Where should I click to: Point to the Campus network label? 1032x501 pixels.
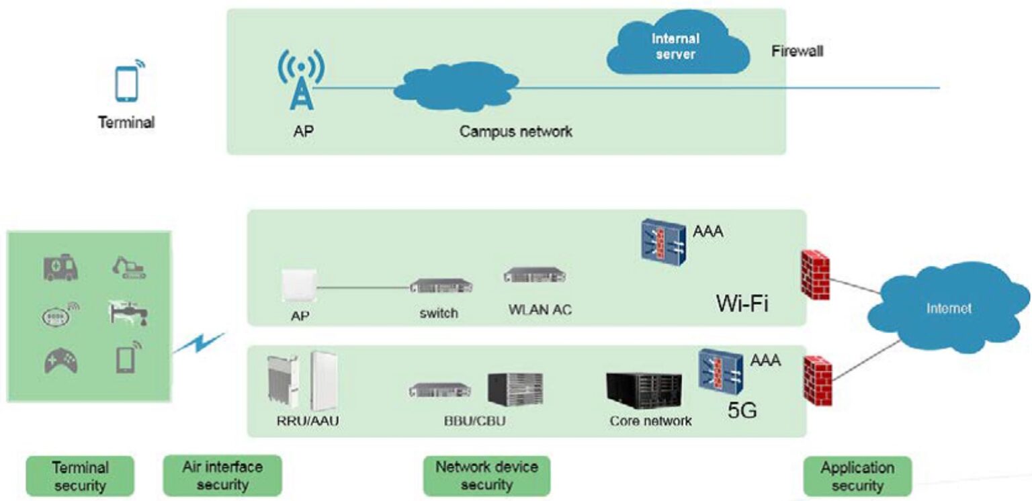tap(515, 131)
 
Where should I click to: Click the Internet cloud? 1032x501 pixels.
tap(948, 309)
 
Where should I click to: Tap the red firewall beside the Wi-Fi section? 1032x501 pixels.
tap(815, 274)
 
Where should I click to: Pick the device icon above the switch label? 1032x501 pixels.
tap(441, 286)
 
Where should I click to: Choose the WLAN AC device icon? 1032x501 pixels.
tap(535, 275)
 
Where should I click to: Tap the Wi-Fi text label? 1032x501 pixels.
tap(742, 304)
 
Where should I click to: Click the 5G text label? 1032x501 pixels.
tap(742, 409)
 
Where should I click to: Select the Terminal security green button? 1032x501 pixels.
tap(80, 476)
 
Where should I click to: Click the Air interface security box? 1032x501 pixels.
tap(222, 475)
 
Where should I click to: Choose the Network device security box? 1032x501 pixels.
tap(486, 475)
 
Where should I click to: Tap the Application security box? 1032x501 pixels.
tap(857, 476)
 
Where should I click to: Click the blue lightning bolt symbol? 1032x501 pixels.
tap(199, 344)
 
